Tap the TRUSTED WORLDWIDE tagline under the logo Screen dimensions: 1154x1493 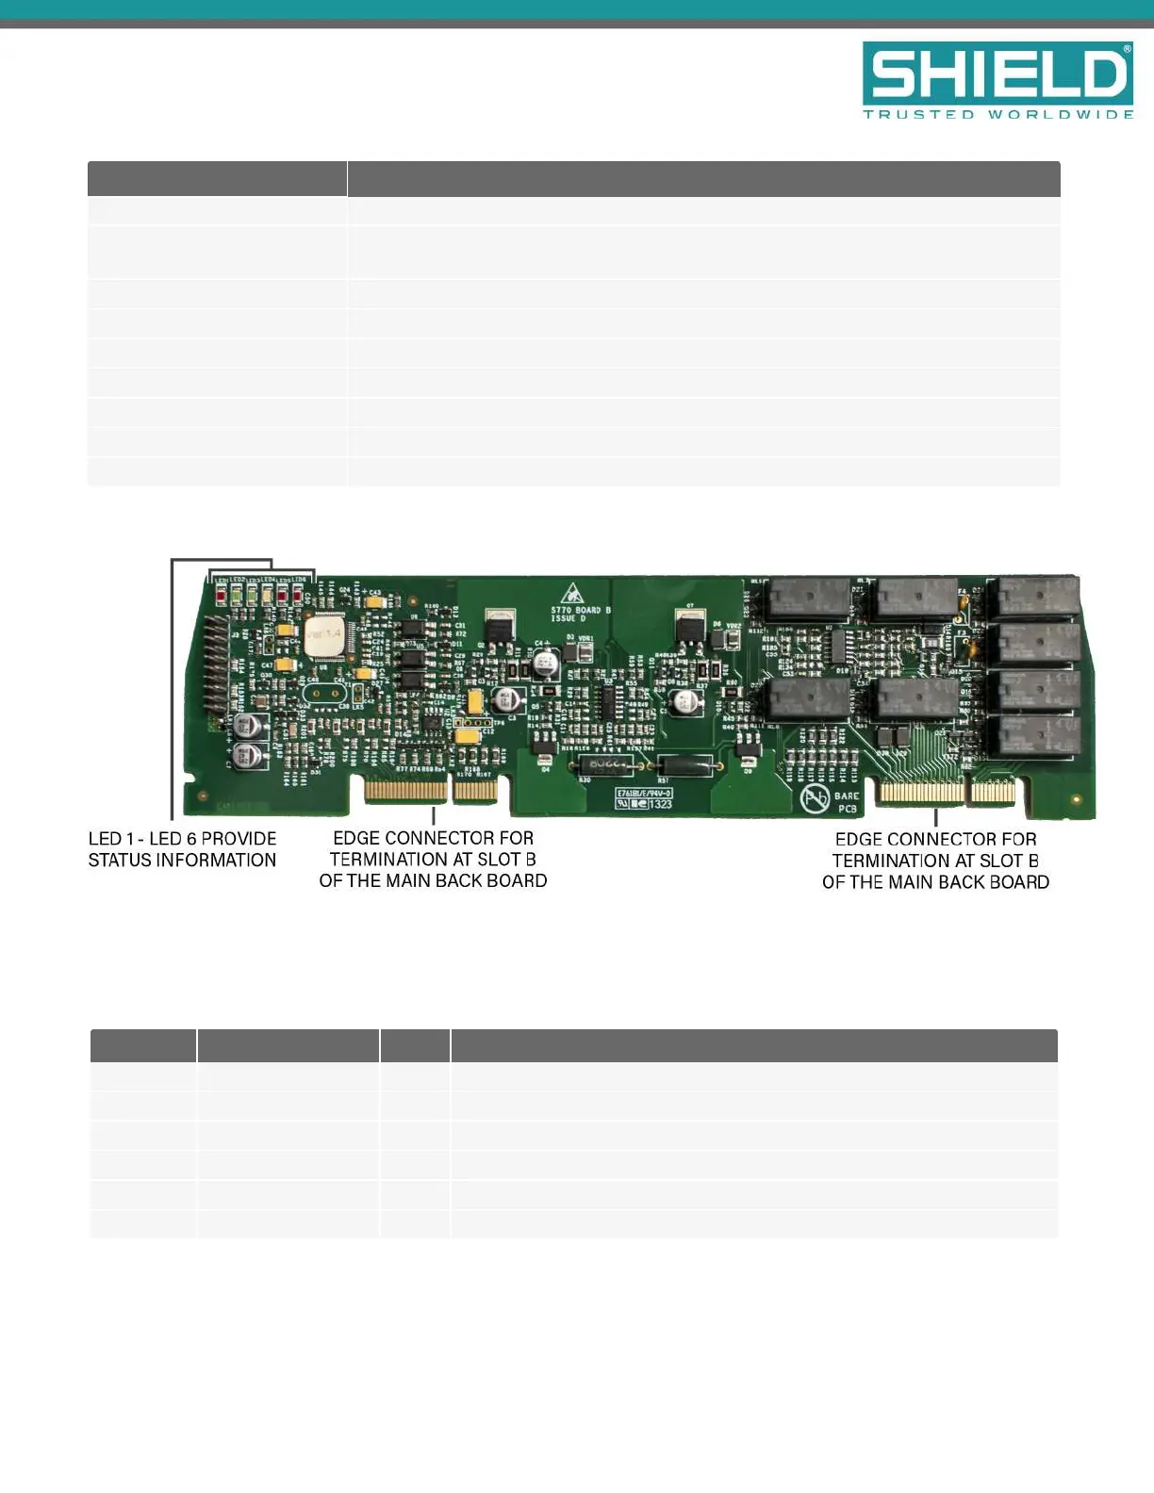coord(997,115)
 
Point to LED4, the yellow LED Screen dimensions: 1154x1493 coord(267,595)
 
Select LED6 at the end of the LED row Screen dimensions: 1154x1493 coord(298,595)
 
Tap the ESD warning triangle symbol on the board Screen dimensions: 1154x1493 coord(572,595)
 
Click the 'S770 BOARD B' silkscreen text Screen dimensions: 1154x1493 coord(581,610)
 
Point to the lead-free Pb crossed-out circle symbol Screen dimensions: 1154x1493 coord(815,799)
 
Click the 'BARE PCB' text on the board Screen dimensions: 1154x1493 coord(847,802)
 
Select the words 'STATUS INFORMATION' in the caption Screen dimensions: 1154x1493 coord(182,861)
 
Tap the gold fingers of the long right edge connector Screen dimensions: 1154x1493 coord(920,794)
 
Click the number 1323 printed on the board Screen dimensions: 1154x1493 coord(660,804)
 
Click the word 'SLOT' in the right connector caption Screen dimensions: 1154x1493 coord(999,861)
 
